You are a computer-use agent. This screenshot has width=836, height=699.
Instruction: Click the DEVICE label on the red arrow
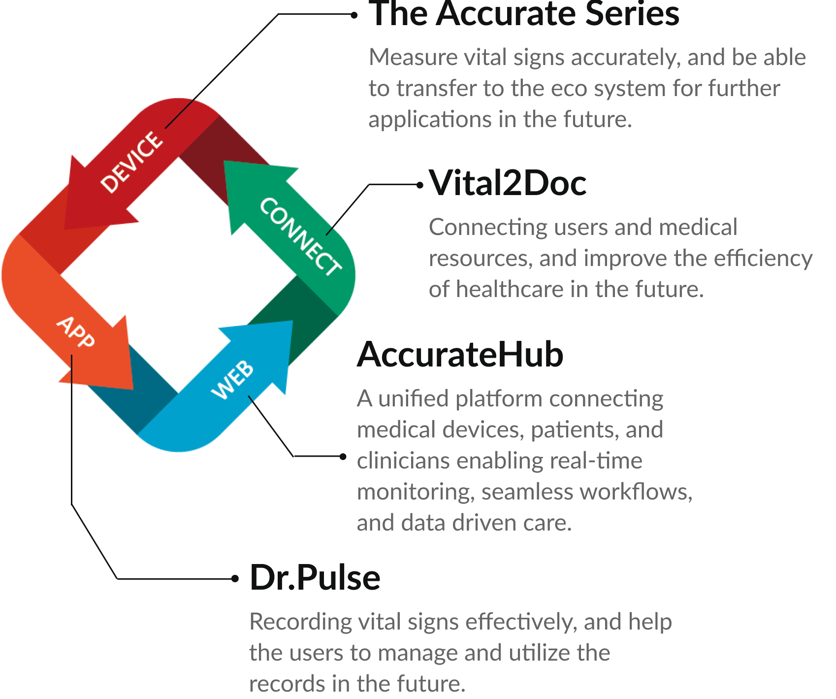pos(131,162)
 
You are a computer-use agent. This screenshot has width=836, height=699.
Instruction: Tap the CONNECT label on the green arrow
pos(300,236)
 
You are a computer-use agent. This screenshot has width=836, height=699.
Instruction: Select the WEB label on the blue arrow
pos(232,379)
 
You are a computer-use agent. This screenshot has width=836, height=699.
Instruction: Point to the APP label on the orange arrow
pos(75,332)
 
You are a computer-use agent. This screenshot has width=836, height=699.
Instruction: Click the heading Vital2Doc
pos(508,184)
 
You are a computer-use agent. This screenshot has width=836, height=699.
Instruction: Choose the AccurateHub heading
pos(460,355)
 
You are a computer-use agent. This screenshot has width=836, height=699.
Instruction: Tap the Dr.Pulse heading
pos(315,578)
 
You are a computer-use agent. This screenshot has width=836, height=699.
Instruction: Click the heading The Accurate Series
pos(524,14)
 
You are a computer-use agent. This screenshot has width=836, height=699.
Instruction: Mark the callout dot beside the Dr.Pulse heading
pos(235,578)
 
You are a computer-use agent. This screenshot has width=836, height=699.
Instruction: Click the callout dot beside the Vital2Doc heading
pos(419,185)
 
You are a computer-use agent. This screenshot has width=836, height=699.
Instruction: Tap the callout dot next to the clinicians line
pos(343,457)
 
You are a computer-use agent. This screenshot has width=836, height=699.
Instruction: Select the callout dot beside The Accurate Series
pos(354,15)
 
